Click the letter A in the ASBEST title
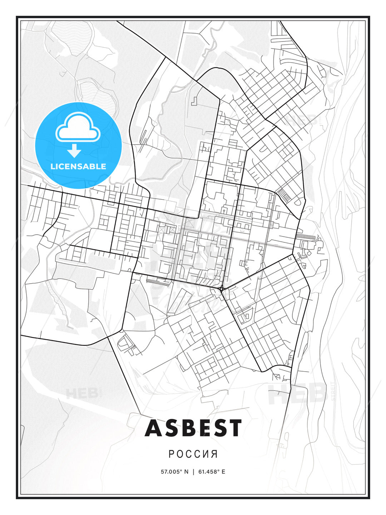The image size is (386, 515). tap(154, 428)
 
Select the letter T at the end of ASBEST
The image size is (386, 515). tap(235, 428)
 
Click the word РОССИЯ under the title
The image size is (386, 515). tap(193, 454)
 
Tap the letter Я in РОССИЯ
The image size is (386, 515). tap(214, 454)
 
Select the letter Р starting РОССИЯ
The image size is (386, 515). tap(171, 454)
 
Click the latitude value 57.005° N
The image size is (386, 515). tap(174, 472)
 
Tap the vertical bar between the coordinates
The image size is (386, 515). tap(193, 472)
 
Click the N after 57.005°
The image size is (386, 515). tap(186, 472)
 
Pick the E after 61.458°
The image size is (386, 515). tap(223, 472)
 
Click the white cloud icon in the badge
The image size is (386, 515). tap(78, 127)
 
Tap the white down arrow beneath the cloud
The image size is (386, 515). tap(74, 151)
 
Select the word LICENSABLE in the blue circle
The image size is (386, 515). tap(78, 167)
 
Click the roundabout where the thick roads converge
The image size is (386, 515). tap(221, 289)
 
